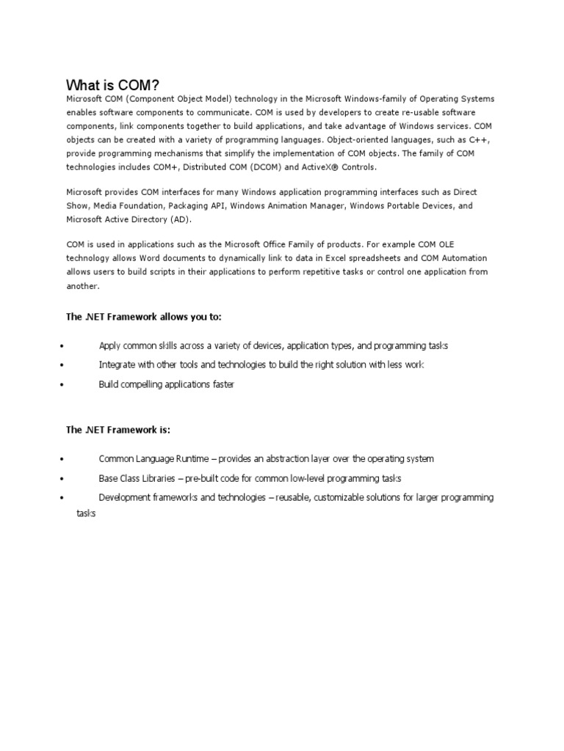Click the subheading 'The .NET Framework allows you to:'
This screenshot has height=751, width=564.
[x=143, y=316]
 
